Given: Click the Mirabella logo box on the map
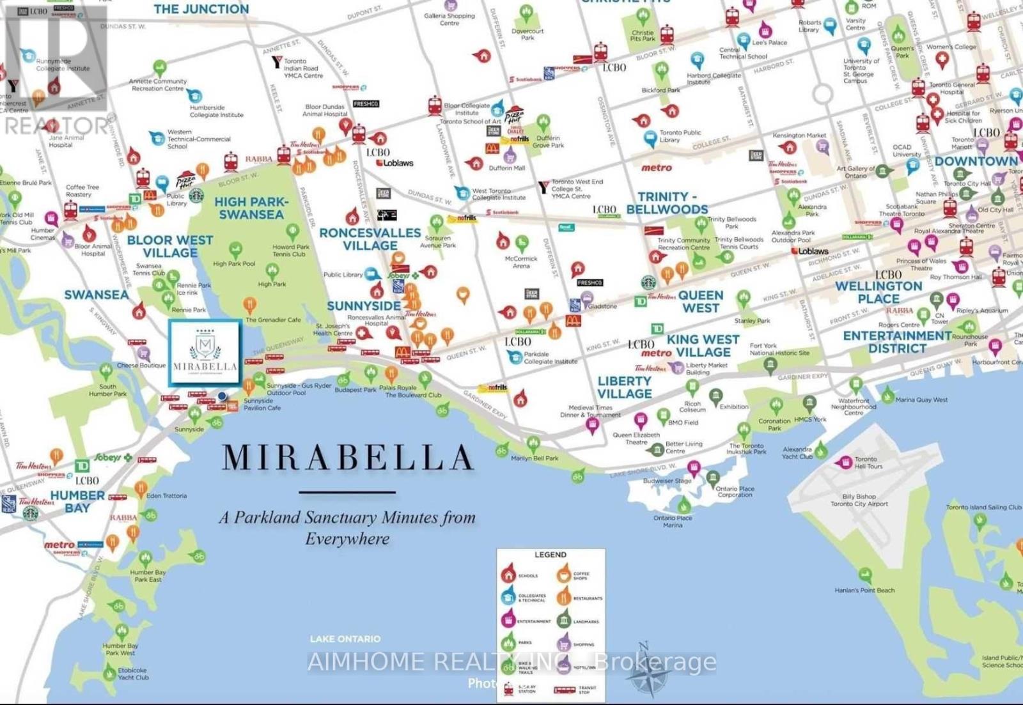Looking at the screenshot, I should coord(205,353).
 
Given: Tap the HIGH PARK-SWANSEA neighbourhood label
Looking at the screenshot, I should coord(251,208).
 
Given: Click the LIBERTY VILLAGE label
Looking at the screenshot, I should coord(624,387).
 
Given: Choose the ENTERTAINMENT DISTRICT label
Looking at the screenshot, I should coord(897,342).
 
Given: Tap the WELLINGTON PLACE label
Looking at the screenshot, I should coord(879,293).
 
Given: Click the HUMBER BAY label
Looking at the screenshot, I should coord(77,502).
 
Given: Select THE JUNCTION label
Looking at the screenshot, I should coord(201,9).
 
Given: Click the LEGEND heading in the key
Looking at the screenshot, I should coord(550,555).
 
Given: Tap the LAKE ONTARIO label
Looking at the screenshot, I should coord(345,639).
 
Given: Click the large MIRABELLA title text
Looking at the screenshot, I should coord(348,458).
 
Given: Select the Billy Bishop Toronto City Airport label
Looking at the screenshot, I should coord(859,500).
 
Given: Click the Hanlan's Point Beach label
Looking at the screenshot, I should coord(864,591).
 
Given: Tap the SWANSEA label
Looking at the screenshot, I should coord(96,295).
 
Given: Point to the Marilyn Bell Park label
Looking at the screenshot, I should coord(535,458).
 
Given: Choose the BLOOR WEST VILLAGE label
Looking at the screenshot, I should coord(169,246).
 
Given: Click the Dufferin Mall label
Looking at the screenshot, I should coord(506,168).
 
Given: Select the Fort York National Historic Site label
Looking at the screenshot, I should coord(779,349).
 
